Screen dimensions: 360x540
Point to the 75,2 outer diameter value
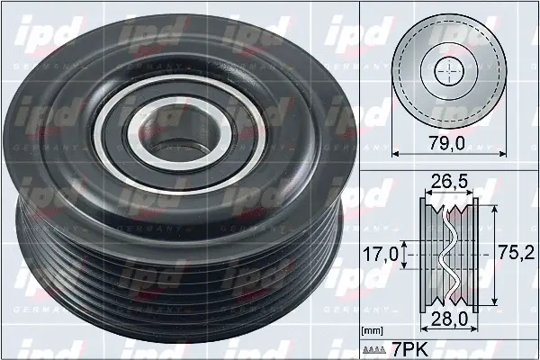[x=514, y=254]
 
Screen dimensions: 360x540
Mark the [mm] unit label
[x=372, y=331]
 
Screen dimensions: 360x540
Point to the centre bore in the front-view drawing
[x=447, y=71]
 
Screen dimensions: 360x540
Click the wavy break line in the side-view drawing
[x=447, y=254]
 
